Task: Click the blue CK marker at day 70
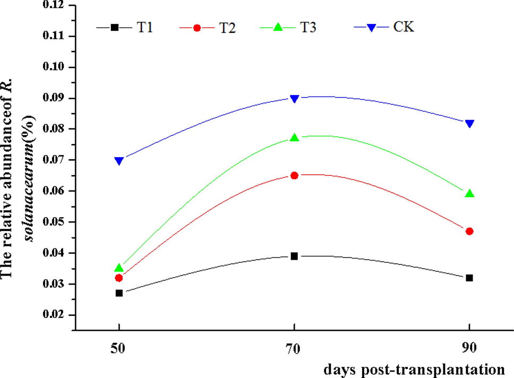point(294,98)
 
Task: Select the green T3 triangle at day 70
point(294,138)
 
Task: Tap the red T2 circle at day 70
point(294,175)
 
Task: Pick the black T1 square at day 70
point(294,256)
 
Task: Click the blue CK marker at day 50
point(119,160)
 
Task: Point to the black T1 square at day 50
point(119,293)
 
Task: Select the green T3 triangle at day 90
point(469,193)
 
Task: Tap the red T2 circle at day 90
point(469,231)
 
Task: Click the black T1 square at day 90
point(469,278)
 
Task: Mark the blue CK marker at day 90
point(469,123)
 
